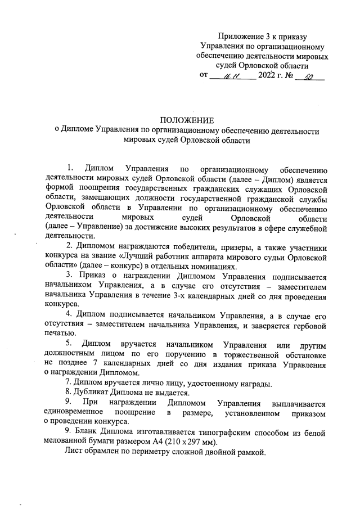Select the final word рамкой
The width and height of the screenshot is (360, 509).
pos(247,454)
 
